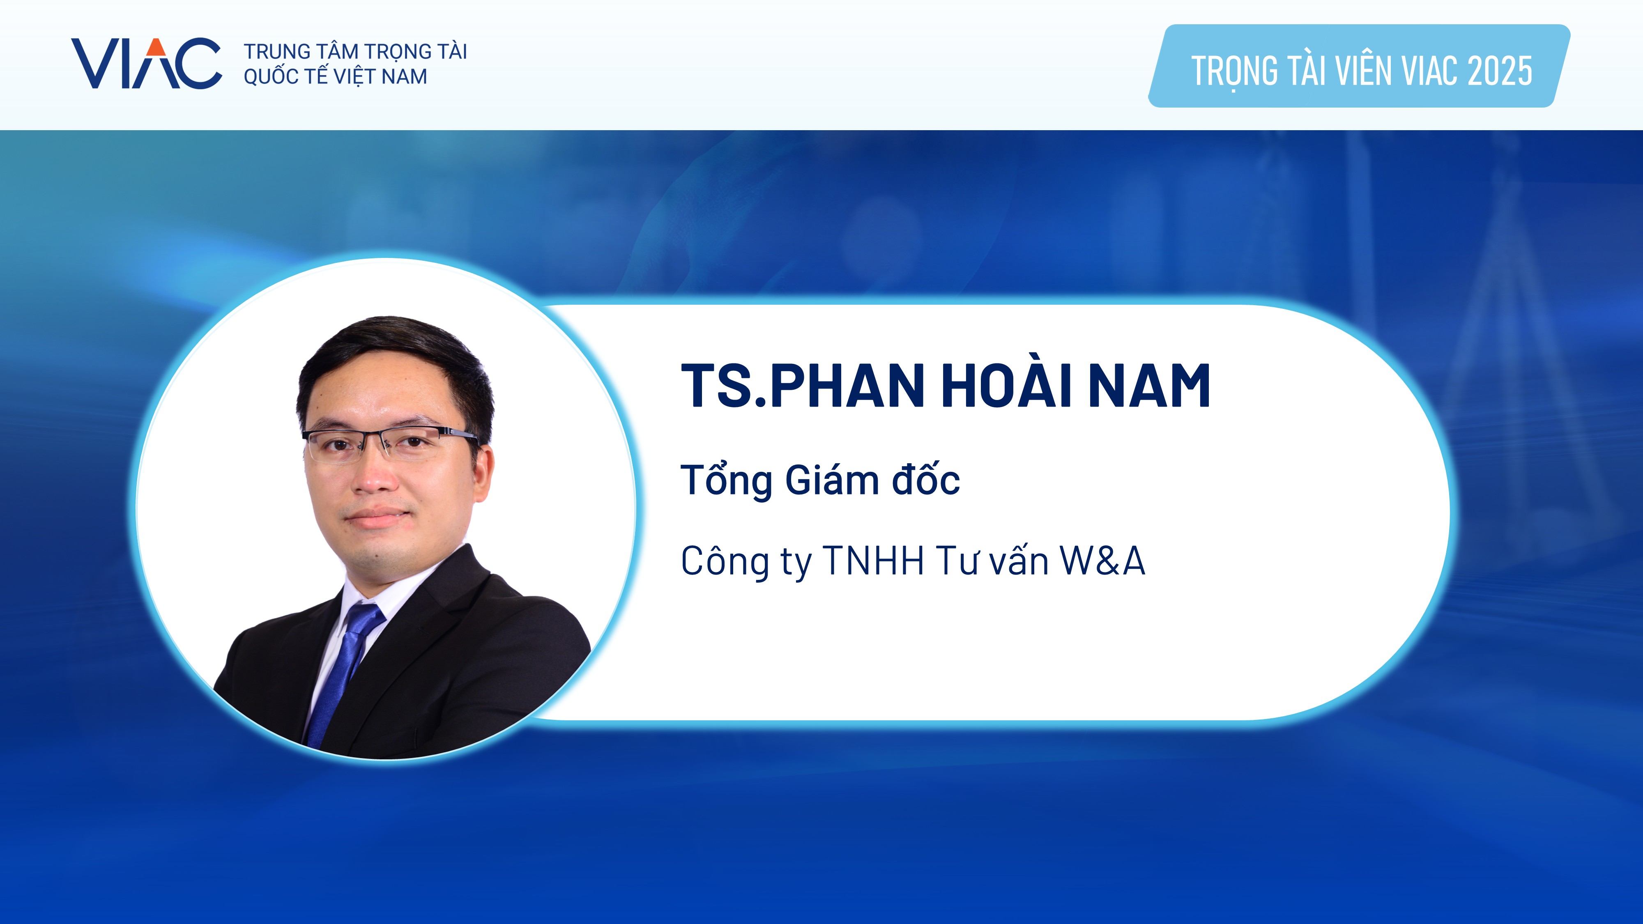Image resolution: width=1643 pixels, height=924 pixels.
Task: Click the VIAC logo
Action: coord(146,63)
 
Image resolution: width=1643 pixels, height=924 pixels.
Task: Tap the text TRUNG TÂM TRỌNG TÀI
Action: coord(355,51)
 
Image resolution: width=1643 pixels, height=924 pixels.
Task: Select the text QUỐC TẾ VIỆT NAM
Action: coord(336,76)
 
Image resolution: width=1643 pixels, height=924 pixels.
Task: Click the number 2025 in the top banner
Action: coord(1500,71)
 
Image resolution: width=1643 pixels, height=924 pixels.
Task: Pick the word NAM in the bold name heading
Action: coord(1149,385)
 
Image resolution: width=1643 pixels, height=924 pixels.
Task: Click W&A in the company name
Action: coord(1102,561)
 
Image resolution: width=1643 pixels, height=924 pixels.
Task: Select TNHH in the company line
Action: coord(874,561)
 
